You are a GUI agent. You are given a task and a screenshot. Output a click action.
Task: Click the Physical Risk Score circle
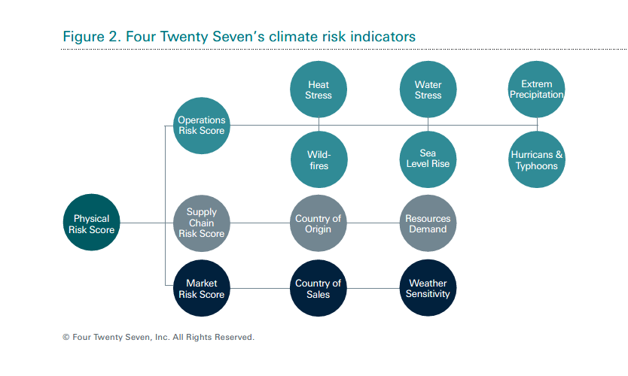91,223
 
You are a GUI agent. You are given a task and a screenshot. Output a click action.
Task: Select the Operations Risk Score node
202,126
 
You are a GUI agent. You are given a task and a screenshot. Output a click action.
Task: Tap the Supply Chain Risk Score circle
202,223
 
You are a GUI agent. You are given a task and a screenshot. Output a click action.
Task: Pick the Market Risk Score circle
202,288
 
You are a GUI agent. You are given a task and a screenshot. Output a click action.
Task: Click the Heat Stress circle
319,89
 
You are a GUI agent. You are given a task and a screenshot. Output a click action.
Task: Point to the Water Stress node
428,89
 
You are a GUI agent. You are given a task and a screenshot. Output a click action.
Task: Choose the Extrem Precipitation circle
537,89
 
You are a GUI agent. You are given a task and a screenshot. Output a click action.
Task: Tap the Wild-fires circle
319,159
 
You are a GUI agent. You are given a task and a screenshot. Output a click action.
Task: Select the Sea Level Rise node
428,159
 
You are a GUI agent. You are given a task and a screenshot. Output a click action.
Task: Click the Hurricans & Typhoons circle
537,159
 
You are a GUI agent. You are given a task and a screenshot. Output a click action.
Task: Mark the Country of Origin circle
319,223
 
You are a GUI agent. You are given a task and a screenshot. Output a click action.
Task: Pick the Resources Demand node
428,223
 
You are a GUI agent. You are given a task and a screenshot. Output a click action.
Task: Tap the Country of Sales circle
319,288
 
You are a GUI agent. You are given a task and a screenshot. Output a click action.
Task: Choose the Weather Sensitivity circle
428,288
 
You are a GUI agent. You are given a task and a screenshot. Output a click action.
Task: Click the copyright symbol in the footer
66,337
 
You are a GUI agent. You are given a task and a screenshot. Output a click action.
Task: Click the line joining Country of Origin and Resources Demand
373,223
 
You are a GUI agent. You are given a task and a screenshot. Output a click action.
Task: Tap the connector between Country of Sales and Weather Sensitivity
373,288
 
